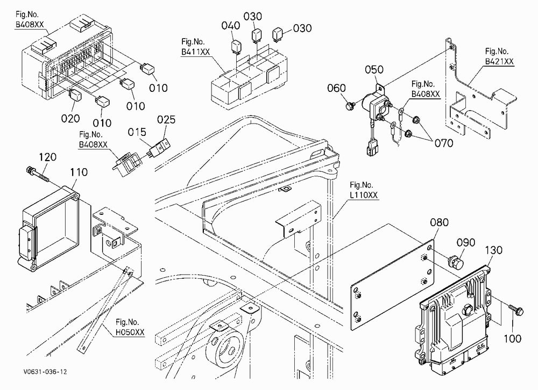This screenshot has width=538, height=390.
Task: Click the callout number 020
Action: (70, 119)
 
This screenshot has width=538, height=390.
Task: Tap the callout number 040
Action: (231, 26)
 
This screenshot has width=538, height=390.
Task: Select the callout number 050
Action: (374, 70)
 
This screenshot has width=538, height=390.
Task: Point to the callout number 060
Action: (336, 88)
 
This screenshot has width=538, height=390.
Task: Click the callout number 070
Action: (444, 143)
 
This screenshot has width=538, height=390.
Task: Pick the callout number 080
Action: (439, 222)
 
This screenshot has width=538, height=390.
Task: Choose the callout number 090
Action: (465, 243)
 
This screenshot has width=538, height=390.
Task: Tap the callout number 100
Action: (513, 339)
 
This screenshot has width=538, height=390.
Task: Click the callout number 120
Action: (47, 157)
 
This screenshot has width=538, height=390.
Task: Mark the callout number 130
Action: (493, 250)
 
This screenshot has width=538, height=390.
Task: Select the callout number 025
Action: (166, 120)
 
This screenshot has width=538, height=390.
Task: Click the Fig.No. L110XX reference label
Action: (364, 190)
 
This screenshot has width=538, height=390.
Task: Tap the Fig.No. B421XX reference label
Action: (499, 56)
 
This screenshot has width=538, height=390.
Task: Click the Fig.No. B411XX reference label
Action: (196, 47)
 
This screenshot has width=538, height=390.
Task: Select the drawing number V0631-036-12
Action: (45, 372)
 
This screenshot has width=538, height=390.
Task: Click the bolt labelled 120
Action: (37, 174)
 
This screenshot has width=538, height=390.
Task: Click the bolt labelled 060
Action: (350, 106)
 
